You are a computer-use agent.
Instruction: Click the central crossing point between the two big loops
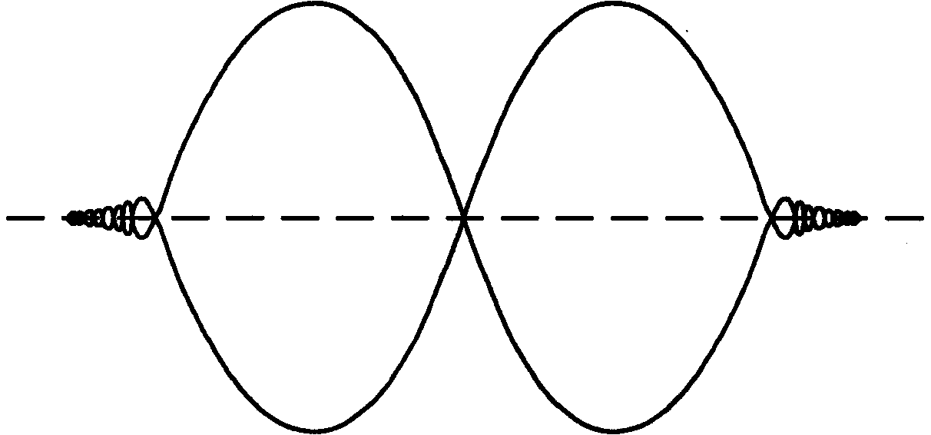(x=464, y=218)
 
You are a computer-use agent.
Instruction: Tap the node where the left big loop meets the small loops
(x=154, y=218)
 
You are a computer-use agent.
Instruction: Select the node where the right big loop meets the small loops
(x=772, y=218)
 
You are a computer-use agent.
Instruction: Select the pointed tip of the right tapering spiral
(x=860, y=218)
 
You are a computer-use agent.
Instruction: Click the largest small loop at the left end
(x=142, y=218)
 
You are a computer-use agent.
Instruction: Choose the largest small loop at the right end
(x=784, y=218)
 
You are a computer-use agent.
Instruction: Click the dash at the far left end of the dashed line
(x=23, y=218)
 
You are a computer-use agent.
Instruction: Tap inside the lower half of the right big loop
(x=615, y=323)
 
